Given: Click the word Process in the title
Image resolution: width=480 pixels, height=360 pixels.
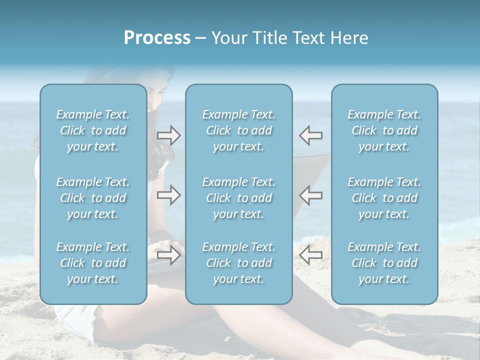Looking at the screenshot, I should tap(157, 38).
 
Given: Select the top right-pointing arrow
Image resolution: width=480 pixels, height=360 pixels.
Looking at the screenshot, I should tap(168, 135).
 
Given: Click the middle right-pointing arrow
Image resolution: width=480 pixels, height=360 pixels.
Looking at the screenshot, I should tap(168, 195).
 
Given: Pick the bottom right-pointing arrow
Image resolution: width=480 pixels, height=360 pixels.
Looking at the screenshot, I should tap(168, 254).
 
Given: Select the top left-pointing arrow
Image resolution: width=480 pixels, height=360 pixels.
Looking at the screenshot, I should tap(311, 135).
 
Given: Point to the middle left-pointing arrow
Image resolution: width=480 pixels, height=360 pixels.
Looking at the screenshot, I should tap(311, 195).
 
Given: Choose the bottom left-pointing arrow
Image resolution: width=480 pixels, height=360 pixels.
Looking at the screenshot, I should tap(311, 254).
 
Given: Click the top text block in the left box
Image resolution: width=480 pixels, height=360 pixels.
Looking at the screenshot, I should tap(93, 130).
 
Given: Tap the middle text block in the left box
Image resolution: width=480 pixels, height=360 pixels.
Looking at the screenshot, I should tap(93, 198).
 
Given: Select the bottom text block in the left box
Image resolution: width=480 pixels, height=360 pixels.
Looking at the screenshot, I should tap(93, 263).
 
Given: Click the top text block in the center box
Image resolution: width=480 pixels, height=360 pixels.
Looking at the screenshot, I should tap(239, 130).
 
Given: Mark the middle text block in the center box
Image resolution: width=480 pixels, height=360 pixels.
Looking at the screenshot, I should tap(239, 198).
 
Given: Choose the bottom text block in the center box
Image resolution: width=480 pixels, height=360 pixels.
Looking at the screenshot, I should tap(239, 263).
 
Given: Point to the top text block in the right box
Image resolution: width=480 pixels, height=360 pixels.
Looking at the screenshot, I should tap(384, 130).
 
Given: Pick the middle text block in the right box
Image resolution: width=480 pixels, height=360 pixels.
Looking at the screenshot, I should tap(384, 198).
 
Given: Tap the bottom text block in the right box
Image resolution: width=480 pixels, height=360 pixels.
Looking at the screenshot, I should tap(384, 263).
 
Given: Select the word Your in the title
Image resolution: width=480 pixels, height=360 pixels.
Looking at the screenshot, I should tap(228, 38).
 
